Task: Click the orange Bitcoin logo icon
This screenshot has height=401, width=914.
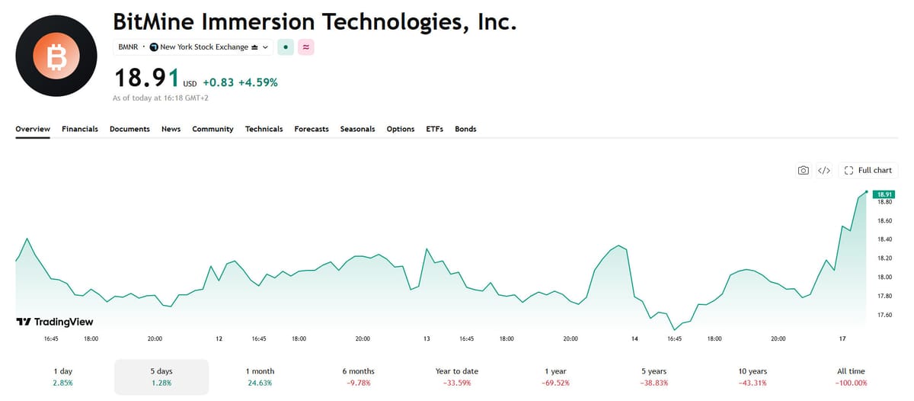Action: coord(56,56)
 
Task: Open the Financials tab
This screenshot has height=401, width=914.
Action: coord(80,129)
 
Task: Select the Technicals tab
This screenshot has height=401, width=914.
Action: coord(264,129)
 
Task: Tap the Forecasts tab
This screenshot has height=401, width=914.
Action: coord(312,129)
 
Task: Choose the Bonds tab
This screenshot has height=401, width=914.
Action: coord(465,129)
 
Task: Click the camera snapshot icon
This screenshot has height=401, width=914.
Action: coord(803,170)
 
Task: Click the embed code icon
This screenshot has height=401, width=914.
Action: coord(824,170)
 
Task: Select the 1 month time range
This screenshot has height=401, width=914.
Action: coord(260,377)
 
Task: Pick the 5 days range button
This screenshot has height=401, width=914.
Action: coord(161,377)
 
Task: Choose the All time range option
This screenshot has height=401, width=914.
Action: coord(852,377)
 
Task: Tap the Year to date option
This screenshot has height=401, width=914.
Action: coord(456,377)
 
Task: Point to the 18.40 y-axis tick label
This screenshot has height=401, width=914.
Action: coord(884,239)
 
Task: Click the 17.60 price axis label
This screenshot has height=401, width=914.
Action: coord(884,315)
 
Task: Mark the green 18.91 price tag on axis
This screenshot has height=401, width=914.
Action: coord(884,194)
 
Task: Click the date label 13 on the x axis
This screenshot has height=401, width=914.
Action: coord(427,338)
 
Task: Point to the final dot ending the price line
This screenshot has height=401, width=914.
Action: coord(866,191)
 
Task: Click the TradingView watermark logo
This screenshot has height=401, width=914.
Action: coord(55,322)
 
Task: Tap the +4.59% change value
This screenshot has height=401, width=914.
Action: coord(258,82)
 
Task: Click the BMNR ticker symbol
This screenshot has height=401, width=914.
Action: coord(128,47)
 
